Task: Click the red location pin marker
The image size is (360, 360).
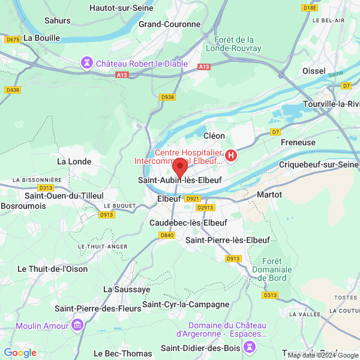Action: [x=180, y=166]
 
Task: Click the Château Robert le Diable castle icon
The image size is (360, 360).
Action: [x=88, y=63]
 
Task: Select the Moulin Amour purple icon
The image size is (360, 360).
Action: [x=77, y=325]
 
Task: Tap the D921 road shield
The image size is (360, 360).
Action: [x=193, y=199]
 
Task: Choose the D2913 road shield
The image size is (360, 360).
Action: [x=205, y=208]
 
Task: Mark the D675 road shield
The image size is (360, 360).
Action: [x=12, y=39]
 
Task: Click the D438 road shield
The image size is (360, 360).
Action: [x=12, y=90]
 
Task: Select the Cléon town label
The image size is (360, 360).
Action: [x=214, y=136]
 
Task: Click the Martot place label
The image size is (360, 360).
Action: [x=269, y=194]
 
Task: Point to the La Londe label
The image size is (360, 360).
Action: [x=74, y=161]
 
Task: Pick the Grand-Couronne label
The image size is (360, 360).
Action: [x=169, y=24]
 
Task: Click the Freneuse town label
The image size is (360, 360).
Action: [x=298, y=143]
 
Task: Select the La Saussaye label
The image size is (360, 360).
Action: [x=127, y=289]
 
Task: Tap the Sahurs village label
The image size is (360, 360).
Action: [x=58, y=20]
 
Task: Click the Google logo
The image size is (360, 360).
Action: [x=20, y=353]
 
